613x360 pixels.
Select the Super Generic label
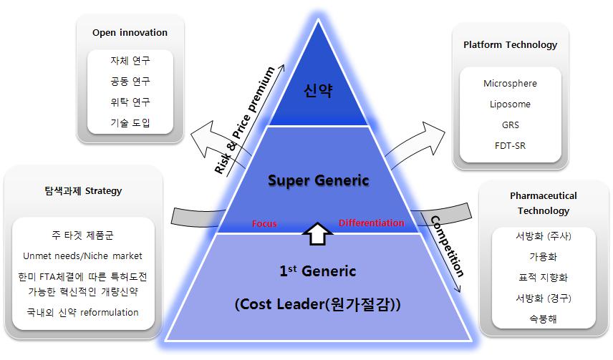tap(319, 180)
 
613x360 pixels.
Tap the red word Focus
tap(264, 224)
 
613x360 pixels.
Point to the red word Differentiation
tap(371, 223)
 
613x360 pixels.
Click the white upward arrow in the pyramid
tap(316, 233)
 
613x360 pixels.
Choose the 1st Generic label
tap(317, 271)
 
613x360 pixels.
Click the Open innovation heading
tap(130, 32)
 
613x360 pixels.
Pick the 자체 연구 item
tap(130, 62)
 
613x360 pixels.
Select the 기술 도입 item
tap(130, 122)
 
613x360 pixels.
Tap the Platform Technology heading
tap(510, 44)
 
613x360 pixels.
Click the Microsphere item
tap(510, 83)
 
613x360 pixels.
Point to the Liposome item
tap(510, 104)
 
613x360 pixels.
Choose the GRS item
tap(510, 125)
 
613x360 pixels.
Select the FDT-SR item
tap(510, 145)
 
